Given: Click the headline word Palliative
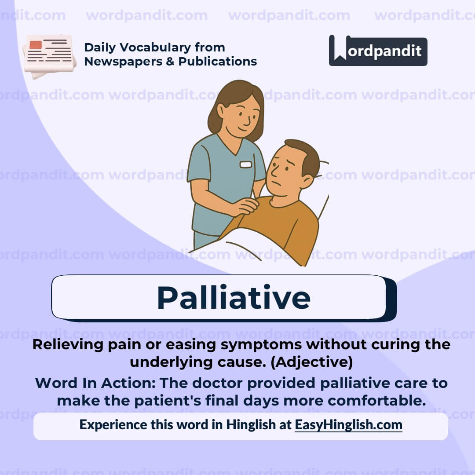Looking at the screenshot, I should click(x=234, y=298).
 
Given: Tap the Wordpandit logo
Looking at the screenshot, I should click(x=378, y=51).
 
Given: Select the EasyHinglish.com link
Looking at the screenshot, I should click(x=348, y=425).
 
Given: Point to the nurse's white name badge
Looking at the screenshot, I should click(x=246, y=164).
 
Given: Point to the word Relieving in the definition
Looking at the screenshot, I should click(x=68, y=344).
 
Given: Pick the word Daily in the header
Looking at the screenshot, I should click(x=99, y=47).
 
